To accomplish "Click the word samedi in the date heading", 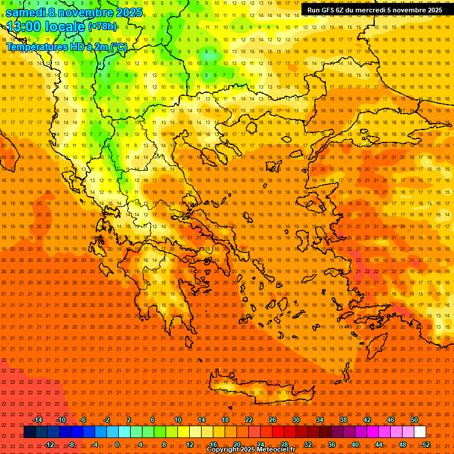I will (27, 12).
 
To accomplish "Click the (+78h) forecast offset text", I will (102, 27).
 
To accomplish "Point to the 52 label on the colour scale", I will (426, 444).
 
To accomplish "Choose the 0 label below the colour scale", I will (117, 444).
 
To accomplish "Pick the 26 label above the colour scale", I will (273, 420).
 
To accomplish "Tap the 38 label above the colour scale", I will (343, 420).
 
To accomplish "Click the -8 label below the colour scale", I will (72, 444).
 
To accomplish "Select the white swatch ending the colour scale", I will (420, 432).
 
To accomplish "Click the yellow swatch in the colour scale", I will (183, 432).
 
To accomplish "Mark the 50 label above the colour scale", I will (414, 420).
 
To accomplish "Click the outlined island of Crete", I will (260, 385).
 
